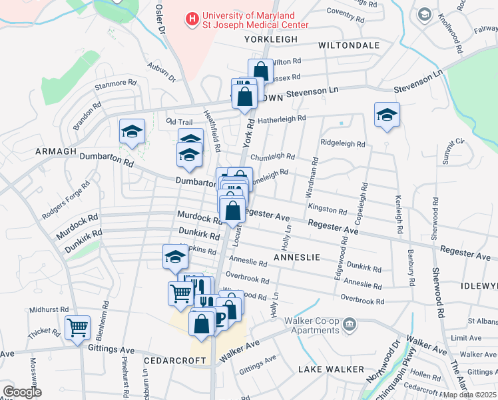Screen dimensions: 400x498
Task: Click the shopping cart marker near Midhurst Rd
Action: click(x=78, y=327)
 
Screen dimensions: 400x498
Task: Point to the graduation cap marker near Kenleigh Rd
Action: click(x=387, y=115)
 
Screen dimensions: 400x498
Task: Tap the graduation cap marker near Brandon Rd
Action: click(x=132, y=131)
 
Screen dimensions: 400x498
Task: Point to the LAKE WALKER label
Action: click(x=331, y=369)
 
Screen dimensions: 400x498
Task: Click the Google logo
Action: click(x=22, y=392)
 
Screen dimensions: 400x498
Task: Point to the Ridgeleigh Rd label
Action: click(x=343, y=143)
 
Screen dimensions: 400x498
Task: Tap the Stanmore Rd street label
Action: click(x=116, y=85)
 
